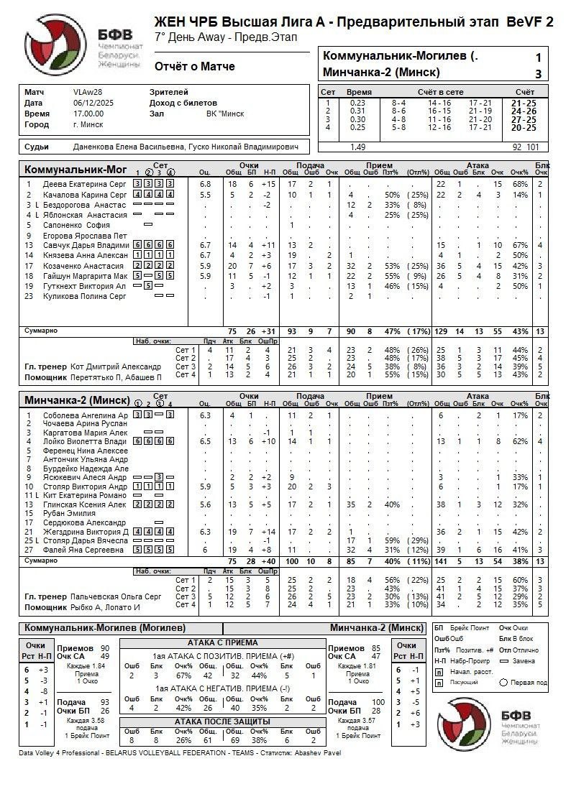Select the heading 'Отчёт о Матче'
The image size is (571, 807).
194,67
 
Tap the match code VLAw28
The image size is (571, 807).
88,92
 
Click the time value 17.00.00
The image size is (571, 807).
88,114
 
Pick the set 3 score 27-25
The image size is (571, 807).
524,119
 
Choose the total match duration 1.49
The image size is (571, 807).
357,147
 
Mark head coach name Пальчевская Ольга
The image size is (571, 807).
116,596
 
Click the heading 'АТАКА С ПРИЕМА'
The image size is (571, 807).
222,642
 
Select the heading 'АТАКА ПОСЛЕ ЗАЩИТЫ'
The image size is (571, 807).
222,721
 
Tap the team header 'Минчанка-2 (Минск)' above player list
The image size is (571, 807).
77,400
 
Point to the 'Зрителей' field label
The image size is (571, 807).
168,92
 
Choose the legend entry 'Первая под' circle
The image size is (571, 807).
503,683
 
